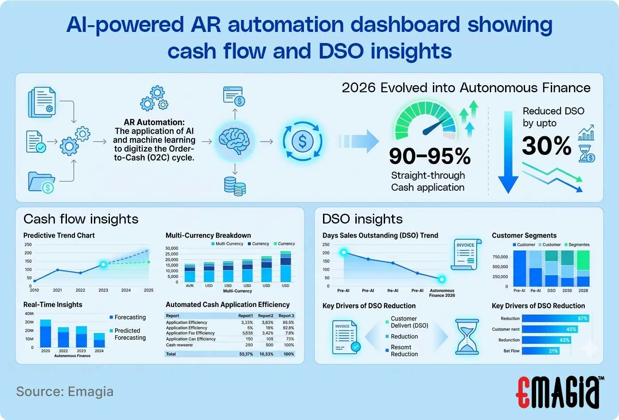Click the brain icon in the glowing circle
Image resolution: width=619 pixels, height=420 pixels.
(234, 141)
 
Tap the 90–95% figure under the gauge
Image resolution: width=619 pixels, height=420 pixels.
(429, 156)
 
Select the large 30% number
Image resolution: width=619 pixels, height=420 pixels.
(546, 145)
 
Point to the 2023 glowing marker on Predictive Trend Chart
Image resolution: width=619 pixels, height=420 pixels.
(103, 264)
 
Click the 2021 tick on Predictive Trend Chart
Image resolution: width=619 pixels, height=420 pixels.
(58, 290)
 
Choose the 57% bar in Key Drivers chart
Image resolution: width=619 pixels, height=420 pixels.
(555, 318)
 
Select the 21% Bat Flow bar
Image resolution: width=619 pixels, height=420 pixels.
(541, 351)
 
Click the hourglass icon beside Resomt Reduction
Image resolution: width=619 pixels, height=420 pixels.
(467, 337)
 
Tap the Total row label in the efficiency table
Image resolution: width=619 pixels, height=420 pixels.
(171, 354)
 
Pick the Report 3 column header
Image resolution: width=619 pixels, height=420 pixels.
(286, 316)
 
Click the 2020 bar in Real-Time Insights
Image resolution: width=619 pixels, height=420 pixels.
(46, 333)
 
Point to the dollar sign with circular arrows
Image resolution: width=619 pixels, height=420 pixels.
(303, 141)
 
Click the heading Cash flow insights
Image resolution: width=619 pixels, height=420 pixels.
(81, 219)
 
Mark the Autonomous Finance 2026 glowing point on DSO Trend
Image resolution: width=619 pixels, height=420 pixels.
(442, 279)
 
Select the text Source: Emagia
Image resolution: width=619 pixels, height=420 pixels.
(65, 392)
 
